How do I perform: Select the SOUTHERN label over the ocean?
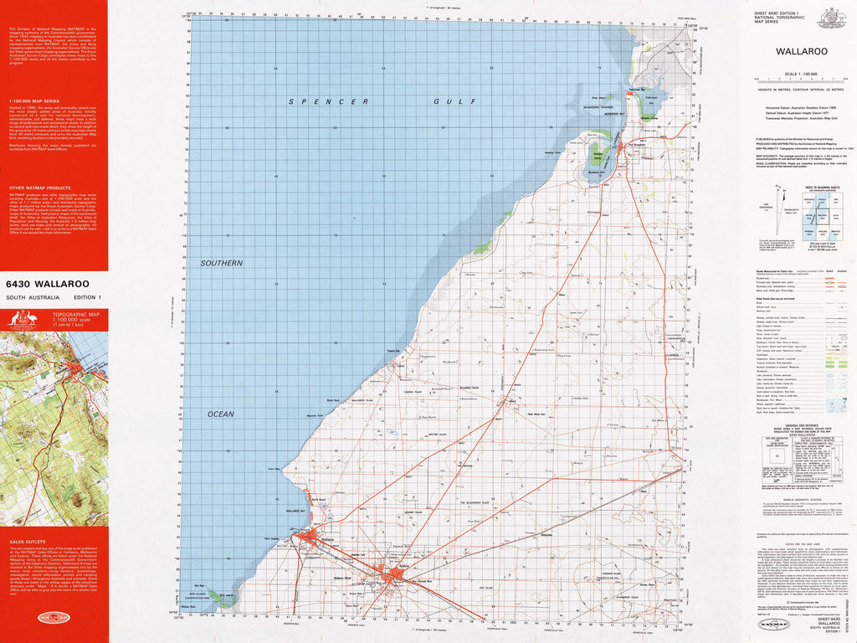click(x=221, y=263)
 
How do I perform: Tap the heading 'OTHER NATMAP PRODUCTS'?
click(x=39, y=188)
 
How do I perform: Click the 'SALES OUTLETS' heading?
click(x=28, y=542)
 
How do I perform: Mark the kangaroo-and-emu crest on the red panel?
click(x=24, y=319)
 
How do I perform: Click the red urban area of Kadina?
click(x=395, y=575)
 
